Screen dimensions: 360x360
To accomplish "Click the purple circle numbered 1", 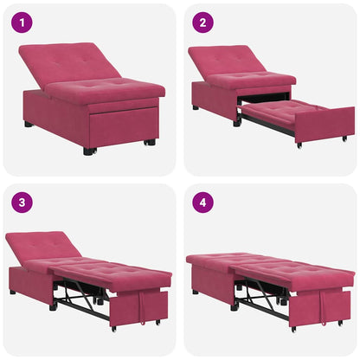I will [x=20, y=22].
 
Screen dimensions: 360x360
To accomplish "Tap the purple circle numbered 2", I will [x=201, y=22].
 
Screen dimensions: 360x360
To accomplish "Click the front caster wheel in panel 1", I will [x=90, y=151].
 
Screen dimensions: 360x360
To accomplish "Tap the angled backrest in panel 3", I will [x=43, y=247].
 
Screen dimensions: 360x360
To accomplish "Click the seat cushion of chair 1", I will [x=104, y=89].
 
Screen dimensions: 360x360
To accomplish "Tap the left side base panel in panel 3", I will [x=31, y=283].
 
